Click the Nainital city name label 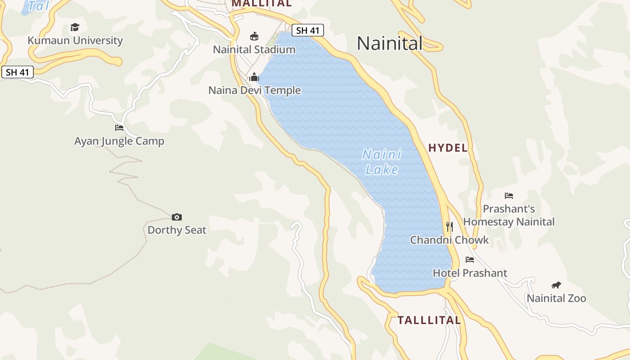pos(390,44)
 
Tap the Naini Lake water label pos(382,162)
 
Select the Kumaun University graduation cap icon pos(75,27)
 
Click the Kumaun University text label pos(75,40)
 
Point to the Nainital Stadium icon pos(254,36)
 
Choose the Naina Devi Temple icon pos(254,77)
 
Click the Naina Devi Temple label pos(254,90)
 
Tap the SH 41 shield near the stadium pos(308,31)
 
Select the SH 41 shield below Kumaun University pos(18,72)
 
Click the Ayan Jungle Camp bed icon pos(119,128)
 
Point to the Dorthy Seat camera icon pos(177,217)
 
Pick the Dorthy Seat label pos(177,230)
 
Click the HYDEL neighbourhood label pos(448,148)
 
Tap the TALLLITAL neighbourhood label pos(429,320)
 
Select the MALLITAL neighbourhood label pos(261,4)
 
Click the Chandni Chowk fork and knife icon pos(449,226)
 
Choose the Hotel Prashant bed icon pos(470,260)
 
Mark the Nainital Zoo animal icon pos(556,285)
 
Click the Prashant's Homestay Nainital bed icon pos(509,196)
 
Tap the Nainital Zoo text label pos(556,298)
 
